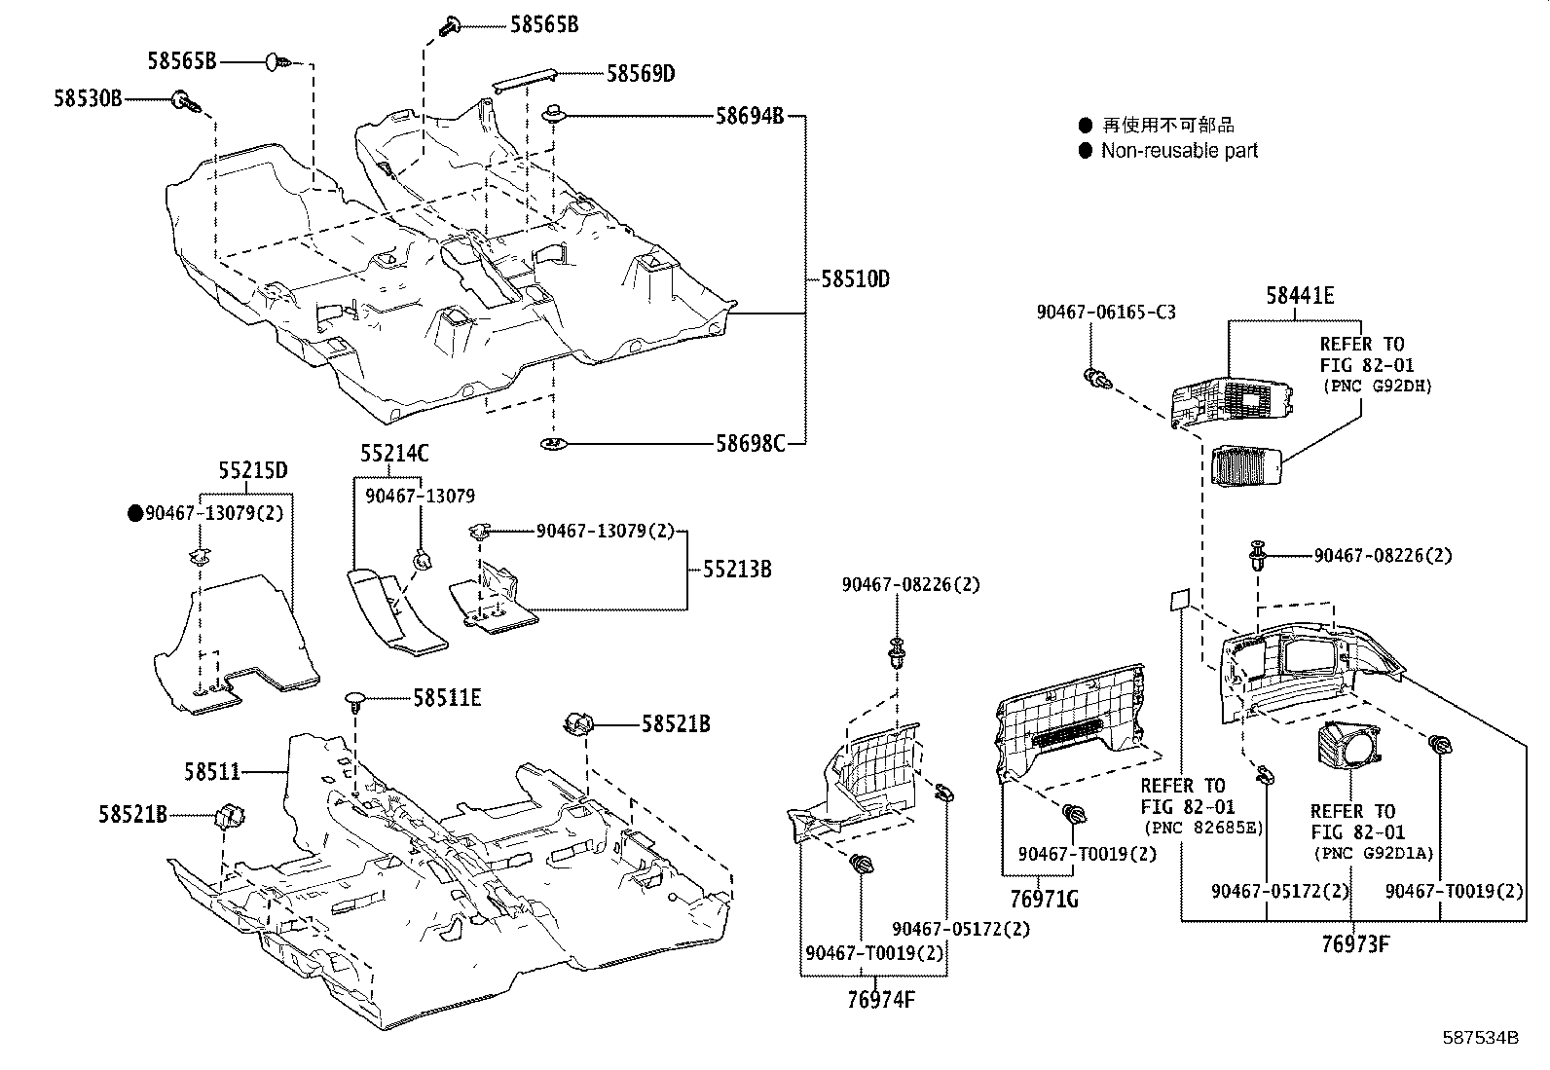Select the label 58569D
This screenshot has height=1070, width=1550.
click(x=641, y=73)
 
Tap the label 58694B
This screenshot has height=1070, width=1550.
click(x=750, y=116)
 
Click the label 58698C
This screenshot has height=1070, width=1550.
click(x=750, y=444)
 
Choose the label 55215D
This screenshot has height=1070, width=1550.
click(x=252, y=470)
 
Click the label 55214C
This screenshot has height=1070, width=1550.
click(x=394, y=453)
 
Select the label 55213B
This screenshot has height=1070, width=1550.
click(x=737, y=570)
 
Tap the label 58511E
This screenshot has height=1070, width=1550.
click(x=447, y=697)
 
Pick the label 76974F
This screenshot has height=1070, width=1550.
click(x=881, y=999)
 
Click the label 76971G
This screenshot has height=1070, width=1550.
click(x=1044, y=899)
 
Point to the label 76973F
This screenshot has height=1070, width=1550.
click(x=1355, y=943)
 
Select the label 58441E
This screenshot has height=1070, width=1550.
click(x=1300, y=296)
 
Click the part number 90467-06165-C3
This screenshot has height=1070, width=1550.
click(x=1105, y=313)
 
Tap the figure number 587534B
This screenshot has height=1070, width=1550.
click(x=1480, y=1038)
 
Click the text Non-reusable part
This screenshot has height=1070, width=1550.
click(x=1179, y=151)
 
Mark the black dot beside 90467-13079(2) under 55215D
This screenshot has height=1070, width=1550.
click(x=135, y=513)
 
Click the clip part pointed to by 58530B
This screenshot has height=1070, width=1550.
click(x=183, y=99)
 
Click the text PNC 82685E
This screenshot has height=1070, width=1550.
click(x=1201, y=829)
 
